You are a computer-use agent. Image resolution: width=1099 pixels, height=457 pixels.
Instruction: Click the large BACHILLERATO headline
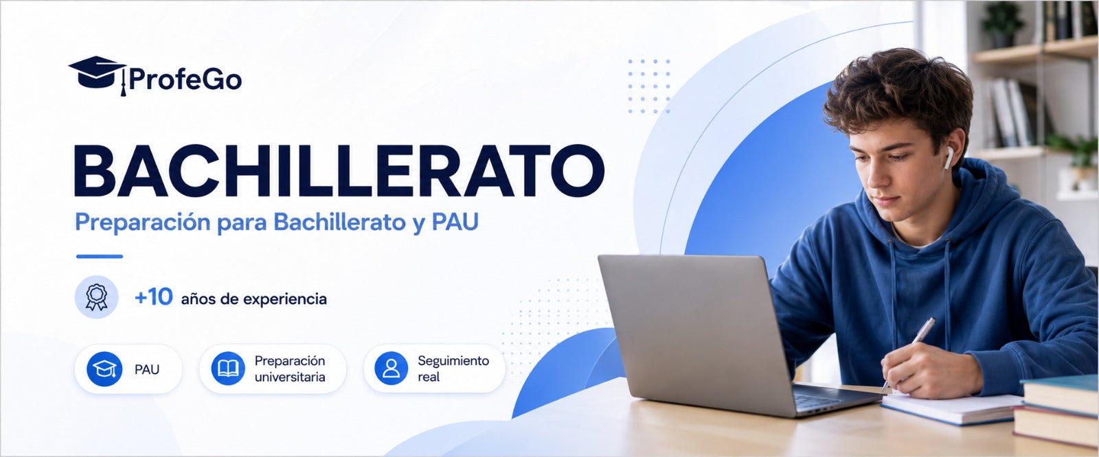(339, 171)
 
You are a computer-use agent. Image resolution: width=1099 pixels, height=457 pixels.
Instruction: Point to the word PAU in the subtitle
(455, 222)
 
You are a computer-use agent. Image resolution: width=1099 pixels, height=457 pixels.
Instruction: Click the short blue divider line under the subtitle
(100, 256)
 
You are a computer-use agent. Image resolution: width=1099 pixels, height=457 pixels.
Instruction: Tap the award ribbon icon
(97, 297)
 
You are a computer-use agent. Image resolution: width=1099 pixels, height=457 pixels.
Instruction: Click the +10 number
(154, 296)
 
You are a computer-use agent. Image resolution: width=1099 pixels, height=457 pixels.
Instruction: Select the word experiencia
(285, 299)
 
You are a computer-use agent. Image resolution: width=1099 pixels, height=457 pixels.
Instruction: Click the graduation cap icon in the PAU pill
(104, 368)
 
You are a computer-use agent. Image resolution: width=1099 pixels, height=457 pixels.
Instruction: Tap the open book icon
(228, 368)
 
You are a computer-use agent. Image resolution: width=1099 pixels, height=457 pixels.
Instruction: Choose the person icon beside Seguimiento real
(391, 368)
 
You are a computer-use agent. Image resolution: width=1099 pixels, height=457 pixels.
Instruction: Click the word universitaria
(290, 377)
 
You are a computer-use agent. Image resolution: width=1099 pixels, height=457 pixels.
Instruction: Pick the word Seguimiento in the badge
(453, 361)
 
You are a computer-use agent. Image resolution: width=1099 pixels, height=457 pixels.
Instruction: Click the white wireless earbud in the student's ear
(949, 158)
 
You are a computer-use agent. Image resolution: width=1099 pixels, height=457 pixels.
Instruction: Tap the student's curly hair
(898, 93)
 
